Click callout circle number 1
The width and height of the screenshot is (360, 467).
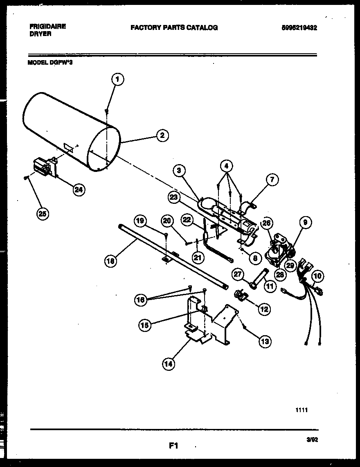click(117, 79)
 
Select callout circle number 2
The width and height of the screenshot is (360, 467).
click(162, 135)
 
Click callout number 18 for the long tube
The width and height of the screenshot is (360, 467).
click(110, 260)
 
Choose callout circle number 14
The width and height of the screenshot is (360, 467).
click(169, 363)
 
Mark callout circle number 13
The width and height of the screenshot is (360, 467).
click(265, 340)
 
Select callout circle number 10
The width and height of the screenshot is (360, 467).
click(317, 276)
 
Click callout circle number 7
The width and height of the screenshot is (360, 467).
click(273, 179)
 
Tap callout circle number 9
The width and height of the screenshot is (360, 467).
click(305, 223)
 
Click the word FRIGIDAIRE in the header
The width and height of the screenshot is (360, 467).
click(48, 26)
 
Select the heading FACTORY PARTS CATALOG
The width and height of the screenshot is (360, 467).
click(174, 28)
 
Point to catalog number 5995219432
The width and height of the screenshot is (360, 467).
click(299, 28)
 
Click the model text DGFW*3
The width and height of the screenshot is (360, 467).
click(61, 63)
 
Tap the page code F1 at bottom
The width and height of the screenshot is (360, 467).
click(174, 446)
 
